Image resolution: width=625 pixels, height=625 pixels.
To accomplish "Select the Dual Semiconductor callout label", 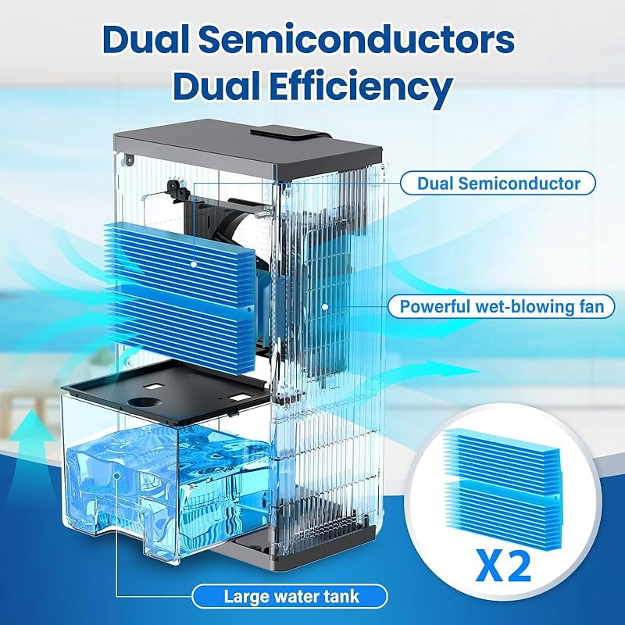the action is click(498, 184).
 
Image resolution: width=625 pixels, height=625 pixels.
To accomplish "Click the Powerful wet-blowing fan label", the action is click(502, 306).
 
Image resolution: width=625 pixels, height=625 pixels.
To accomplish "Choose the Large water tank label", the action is click(290, 597).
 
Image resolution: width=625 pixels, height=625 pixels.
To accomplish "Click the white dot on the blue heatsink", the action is click(194, 264).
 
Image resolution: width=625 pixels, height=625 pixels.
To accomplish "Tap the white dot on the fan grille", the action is click(325, 307).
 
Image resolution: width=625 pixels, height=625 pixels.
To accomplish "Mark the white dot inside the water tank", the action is click(116, 476).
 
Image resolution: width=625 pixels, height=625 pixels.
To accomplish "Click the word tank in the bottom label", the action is click(342, 597).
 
